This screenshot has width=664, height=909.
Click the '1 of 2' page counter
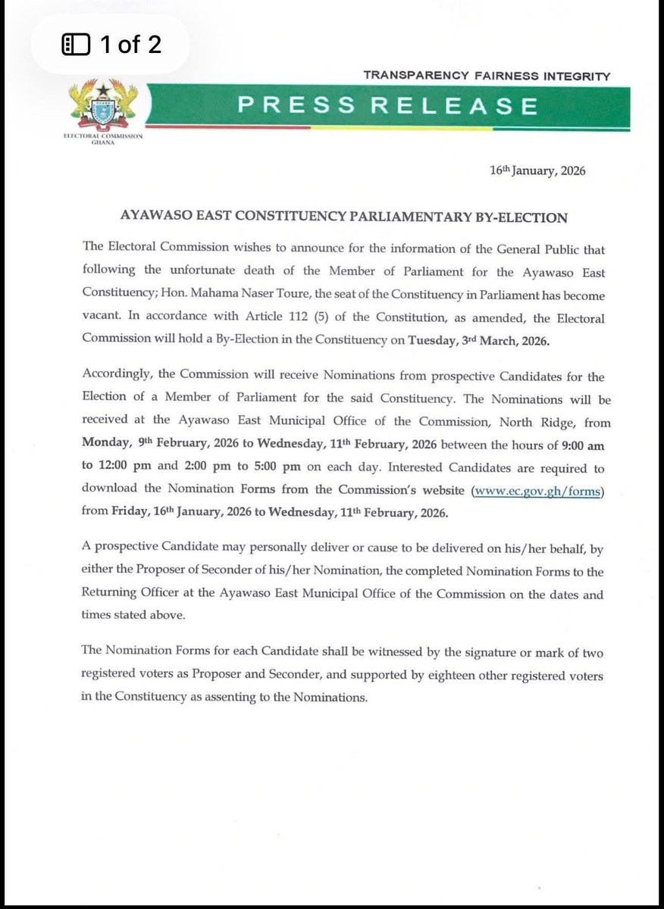pyautogui.click(x=130, y=45)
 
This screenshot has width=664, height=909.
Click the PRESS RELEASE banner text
pyautogui.click(x=388, y=106)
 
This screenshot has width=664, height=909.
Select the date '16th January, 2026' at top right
pyautogui.click(x=537, y=171)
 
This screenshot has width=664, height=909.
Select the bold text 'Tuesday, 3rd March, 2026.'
pyautogui.click(x=479, y=342)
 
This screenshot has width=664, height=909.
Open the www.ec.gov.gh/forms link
pyautogui.click(x=537, y=492)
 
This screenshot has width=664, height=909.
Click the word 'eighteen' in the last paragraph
pyautogui.click(x=451, y=675)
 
